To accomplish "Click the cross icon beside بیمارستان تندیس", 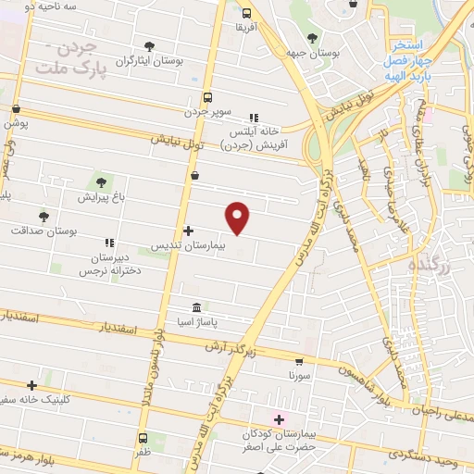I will coord(189,231).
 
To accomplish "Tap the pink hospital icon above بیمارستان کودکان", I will coord(277,419).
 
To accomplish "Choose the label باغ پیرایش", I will coord(100,197).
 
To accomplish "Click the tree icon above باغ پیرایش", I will coord(100,181).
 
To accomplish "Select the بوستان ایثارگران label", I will coord(148,61).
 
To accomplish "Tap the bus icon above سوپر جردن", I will coord(206,96).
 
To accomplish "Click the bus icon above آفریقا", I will coord(245,13).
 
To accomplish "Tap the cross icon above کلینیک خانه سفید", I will coord(32,384).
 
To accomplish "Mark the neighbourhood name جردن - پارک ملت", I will coord(69,59).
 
